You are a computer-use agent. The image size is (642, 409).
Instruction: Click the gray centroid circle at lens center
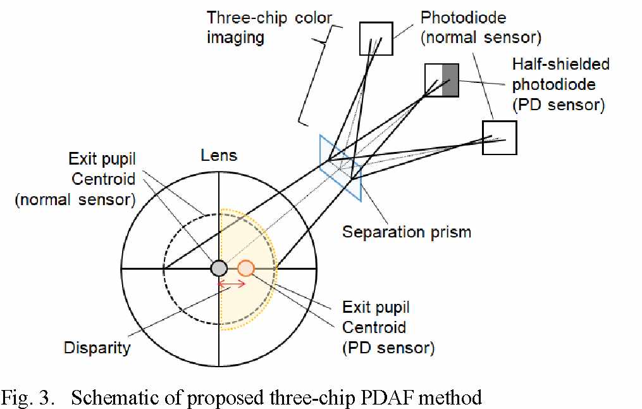coord(218,268)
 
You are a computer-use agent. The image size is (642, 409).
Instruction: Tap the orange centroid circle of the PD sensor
coord(246,268)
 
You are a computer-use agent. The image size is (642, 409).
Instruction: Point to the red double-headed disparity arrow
coord(231,285)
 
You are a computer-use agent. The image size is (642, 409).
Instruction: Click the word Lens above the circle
coord(219,155)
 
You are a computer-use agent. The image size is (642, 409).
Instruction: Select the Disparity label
coord(97,347)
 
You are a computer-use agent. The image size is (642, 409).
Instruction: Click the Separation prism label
coord(406,232)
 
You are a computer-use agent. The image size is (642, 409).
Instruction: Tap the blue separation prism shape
coord(340,167)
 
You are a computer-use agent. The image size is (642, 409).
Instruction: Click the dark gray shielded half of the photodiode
coord(450,80)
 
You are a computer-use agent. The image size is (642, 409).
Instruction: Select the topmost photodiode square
coord(376,38)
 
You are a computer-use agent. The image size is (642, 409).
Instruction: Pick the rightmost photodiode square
coord(499,137)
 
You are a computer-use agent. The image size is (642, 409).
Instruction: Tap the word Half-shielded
coord(560,64)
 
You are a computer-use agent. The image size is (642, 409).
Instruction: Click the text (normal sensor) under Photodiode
coord(482,37)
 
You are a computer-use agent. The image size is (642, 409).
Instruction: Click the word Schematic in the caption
coord(109,398)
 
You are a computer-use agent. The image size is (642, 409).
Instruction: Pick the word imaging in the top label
coord(235,37)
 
